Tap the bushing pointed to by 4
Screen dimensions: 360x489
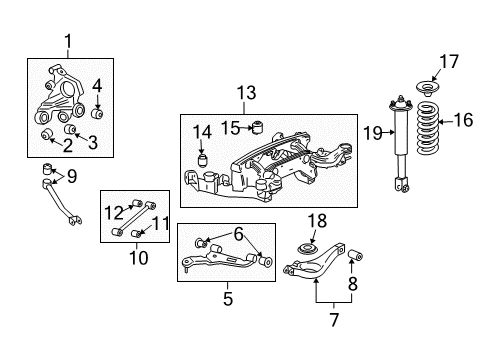click(x=98, y=112)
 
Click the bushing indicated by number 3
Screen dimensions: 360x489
click(x=70, y=129)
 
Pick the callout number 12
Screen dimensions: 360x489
click(x=113, y=210)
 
